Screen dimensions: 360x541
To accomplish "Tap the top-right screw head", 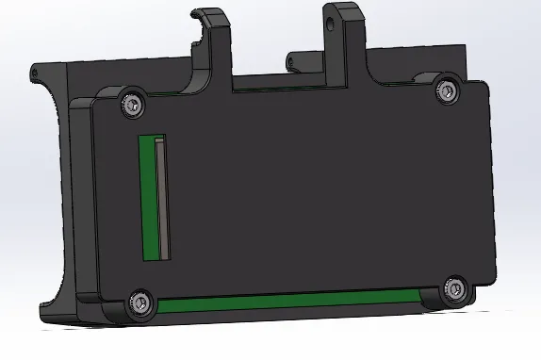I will tap(447, 90).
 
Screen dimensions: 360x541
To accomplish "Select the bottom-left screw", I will tap(140, 301).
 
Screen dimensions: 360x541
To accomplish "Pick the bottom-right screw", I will tap(455, 289).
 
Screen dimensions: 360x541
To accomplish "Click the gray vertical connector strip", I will tap(163, 197).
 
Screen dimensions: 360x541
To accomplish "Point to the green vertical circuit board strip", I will tap(147, 198).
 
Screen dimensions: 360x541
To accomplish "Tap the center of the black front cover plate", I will tap(311, 188).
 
